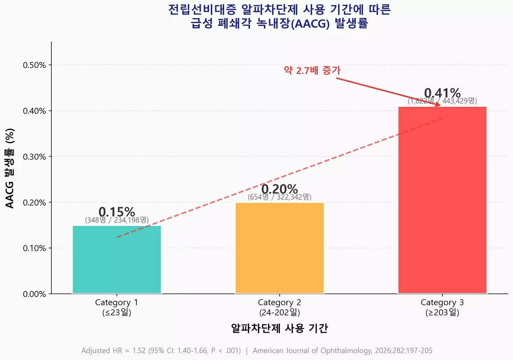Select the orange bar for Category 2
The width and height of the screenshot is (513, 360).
(x=280, y=248)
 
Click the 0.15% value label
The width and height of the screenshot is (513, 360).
(x=117, y=212)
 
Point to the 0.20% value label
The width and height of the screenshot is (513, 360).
(x=280, y=189)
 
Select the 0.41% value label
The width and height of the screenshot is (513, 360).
(x=442, y=93)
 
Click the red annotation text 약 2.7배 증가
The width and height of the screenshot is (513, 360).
(x=312, y=71)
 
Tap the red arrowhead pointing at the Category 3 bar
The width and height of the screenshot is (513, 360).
(x=437, y=104)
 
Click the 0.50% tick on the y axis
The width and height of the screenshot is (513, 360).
(x=34, y=65)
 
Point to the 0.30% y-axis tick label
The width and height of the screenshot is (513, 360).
(x=34, y=156)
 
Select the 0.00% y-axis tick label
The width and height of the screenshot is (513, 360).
(x=34, y=294)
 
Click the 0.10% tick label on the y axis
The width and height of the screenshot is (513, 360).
(x=34, y=248)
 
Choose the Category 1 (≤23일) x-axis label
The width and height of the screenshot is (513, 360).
(x=117, y=307)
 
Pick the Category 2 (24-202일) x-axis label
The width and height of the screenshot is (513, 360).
(x=280, y=307)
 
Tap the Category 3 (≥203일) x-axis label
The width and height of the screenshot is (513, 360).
(x=442, y=307)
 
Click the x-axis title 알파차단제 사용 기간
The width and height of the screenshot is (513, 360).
(x=280, y=328)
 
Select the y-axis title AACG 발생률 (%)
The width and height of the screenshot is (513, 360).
(x=10, y=168)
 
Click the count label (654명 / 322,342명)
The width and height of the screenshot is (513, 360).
(x=280, y=197)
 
